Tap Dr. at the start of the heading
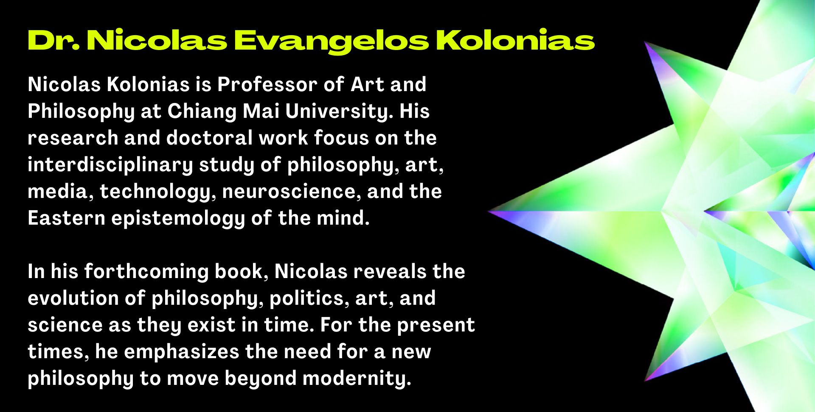[53, 40]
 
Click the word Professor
[267, 84]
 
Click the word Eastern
[66, 218]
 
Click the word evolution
[73, 298]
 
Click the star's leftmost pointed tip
[488, 211]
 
